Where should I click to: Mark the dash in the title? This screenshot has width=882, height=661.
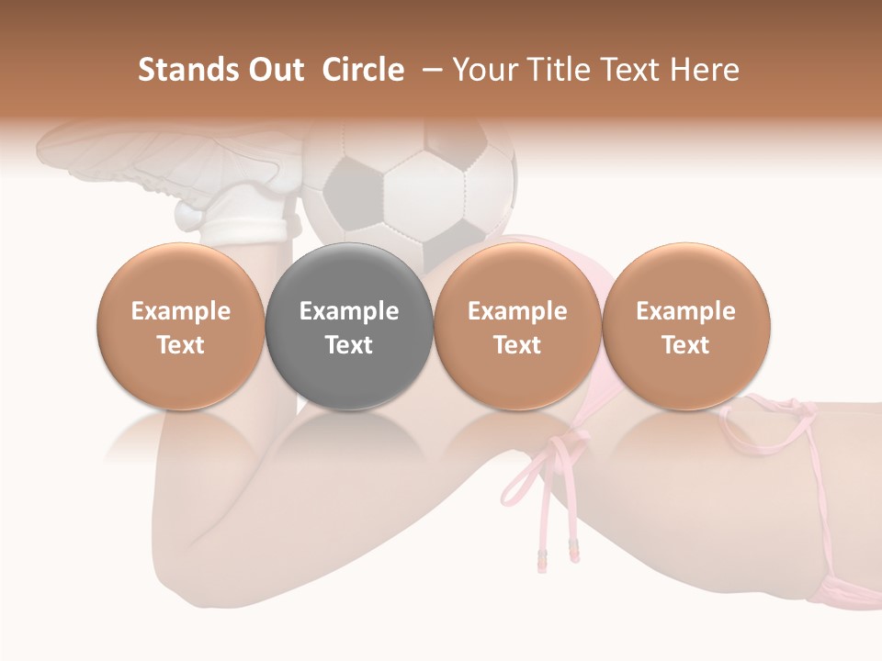pos(430,70)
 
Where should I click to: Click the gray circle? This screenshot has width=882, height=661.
pos(349,327)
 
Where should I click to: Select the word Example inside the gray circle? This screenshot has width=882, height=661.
pos(349,311)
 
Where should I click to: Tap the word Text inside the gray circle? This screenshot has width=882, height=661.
pos(349,345)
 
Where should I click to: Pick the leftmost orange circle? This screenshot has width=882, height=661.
pos(181,327)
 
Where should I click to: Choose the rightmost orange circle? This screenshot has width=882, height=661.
pos(686,327)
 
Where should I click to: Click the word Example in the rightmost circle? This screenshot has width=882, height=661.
pos(686,311)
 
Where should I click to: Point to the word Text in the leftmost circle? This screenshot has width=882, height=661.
pos(181,345)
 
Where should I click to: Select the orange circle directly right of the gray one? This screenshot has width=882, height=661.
pos(517,327)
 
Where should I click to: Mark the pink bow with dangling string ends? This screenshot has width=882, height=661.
pos(542,477)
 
